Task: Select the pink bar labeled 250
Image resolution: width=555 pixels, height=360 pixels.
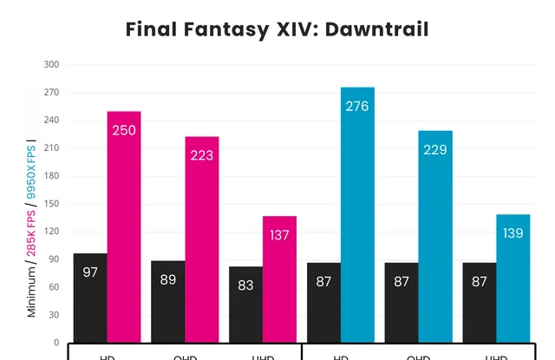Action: coord(124,226)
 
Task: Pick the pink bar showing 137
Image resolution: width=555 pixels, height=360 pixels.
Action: coord(279,278)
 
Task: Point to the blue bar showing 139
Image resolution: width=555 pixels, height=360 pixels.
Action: coord(513,278)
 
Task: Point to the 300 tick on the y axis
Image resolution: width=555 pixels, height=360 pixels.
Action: coord(51,65)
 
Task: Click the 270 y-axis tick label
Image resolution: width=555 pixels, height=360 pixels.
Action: coord(51,93)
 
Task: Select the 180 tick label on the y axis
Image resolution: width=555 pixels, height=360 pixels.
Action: coord(51,177)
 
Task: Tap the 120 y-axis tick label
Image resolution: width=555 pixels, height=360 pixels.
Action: coord(51,232)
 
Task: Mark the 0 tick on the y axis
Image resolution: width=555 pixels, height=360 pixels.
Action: coord(55,344)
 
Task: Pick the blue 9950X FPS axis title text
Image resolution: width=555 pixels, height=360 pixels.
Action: coord(32,170)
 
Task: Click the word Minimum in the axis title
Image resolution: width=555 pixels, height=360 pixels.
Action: coord(32,291)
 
